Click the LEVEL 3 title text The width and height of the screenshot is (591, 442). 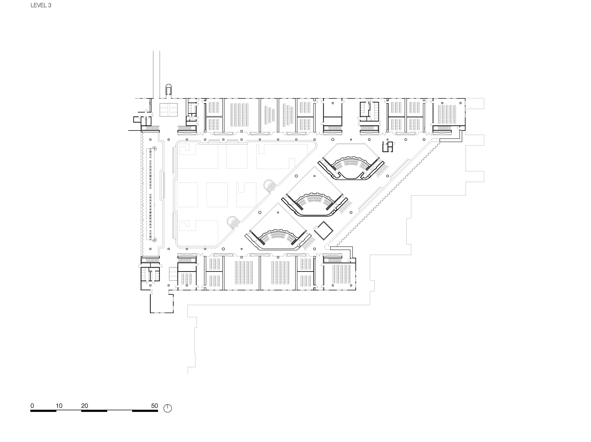[x=41, y=5]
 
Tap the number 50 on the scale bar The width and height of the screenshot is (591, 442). [x=154, y=406]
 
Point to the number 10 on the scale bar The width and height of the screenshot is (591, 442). [x=59, y=406]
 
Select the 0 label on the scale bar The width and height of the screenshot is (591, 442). [x=32, y=406]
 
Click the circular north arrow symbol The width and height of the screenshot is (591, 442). [x=168, y=408]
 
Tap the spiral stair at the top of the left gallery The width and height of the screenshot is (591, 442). [x=154, y=149]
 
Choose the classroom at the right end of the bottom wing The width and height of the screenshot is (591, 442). [x=340, y=276]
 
